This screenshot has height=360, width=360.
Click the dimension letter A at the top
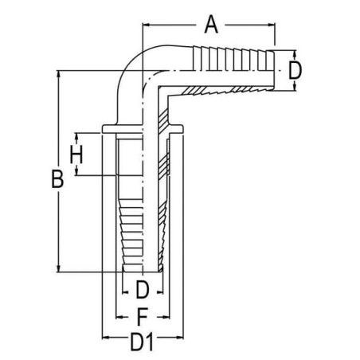(x=211, y=25)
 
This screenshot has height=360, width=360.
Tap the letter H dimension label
(x=76, y=155)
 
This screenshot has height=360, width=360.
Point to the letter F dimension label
(x=142, y=317)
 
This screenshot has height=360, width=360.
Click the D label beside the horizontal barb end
(x=295, y=71)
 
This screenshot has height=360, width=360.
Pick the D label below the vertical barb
(x=143, y=289)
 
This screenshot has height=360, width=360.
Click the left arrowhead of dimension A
(x=146, y=25)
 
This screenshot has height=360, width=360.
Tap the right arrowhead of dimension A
(x=272, y=25)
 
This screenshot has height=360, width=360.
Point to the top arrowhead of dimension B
(x=58, y=74)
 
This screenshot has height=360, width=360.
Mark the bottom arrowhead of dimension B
(x=58, y=268)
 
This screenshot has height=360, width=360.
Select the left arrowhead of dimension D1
(x=106, y=338)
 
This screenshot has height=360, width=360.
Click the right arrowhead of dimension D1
(x=180, y=338)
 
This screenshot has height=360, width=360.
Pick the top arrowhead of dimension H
(x=76, y=136)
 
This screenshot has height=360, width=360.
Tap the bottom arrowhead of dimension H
(x=76, y=172)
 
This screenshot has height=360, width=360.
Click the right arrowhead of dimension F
(x=166, y=317)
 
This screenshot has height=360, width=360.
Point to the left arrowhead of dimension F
(x=119, y=317)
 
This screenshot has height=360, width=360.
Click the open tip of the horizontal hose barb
(x=274, y=71)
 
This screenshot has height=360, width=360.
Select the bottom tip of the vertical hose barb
(x=143, y=272)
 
